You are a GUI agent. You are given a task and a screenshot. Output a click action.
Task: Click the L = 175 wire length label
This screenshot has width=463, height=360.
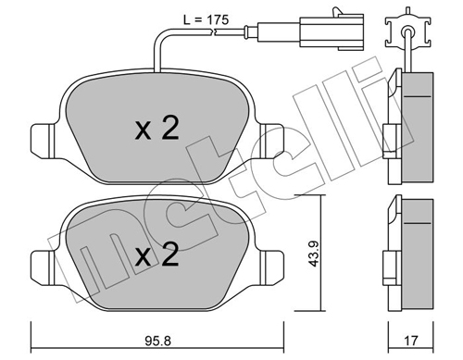tap(206, 20)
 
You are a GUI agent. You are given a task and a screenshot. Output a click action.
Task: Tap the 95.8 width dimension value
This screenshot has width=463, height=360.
tap(157, 341)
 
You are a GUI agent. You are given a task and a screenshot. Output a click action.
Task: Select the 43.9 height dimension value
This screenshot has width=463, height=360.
tap(315, 254)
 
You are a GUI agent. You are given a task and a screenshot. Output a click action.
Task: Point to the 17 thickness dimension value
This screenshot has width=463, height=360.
tap(411, 341)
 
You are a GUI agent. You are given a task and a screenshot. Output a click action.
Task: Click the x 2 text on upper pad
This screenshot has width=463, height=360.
tap(157, 129)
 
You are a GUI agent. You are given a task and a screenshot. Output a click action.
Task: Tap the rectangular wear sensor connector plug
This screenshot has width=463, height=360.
tap(332, 32)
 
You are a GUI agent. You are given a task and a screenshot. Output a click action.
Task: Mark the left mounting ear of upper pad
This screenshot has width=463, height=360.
tap(43, 142)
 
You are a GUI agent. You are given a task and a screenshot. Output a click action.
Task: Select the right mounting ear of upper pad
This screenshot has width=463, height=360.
tap(271, 142)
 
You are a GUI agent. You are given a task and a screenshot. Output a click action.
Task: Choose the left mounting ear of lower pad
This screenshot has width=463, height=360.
tap(43, 267)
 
